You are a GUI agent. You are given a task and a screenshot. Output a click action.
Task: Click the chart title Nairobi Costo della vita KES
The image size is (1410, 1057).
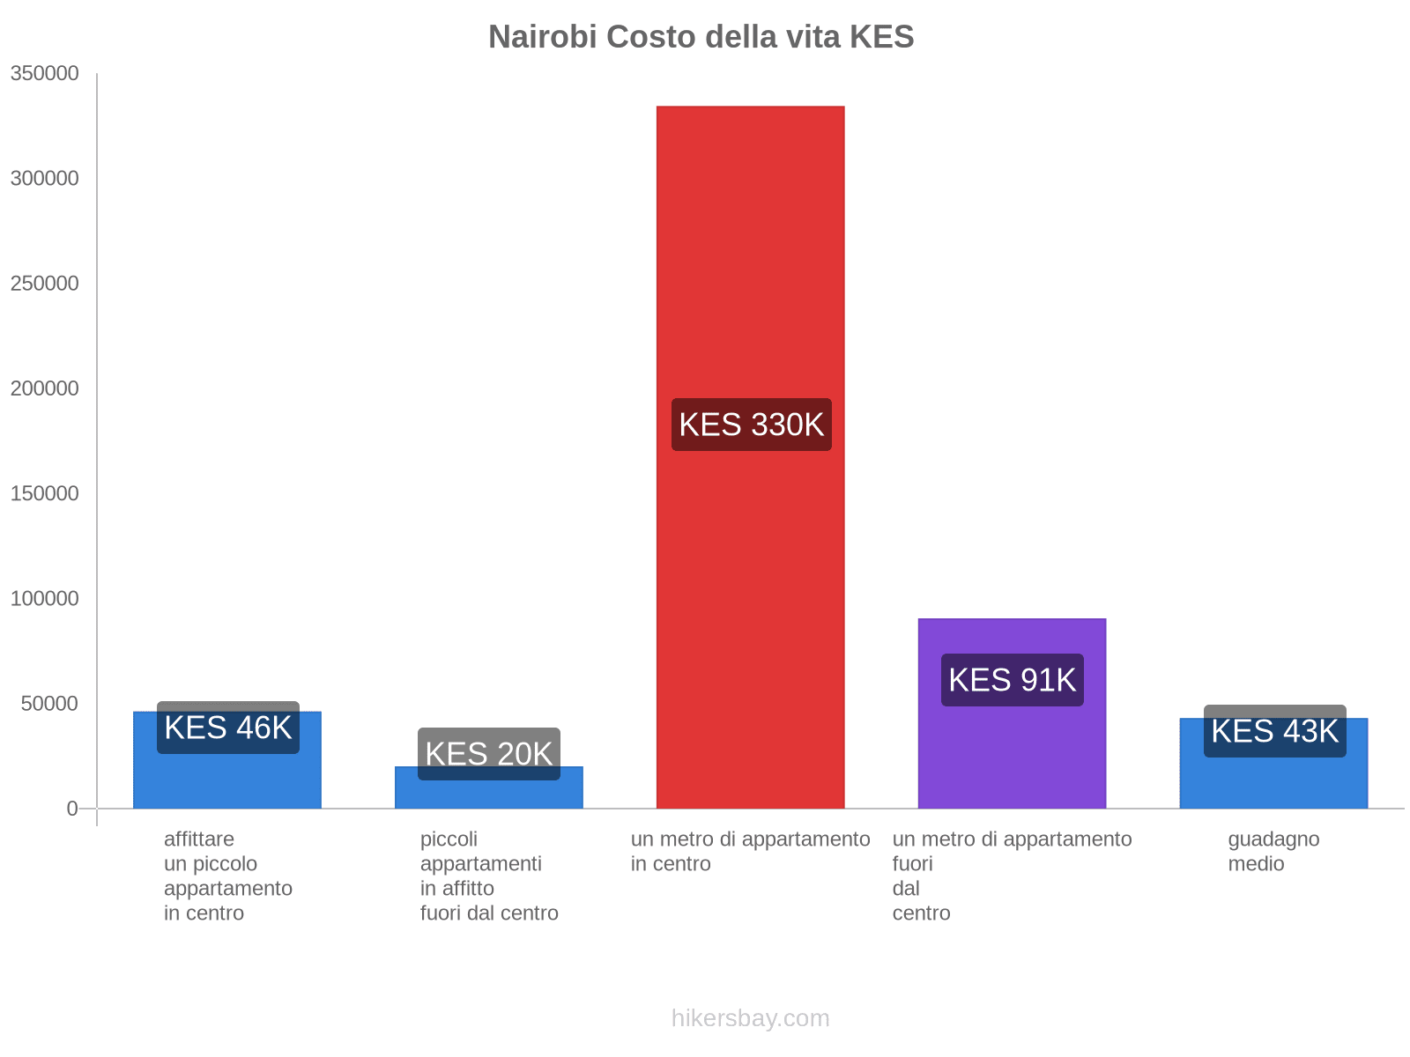tap(701, 37)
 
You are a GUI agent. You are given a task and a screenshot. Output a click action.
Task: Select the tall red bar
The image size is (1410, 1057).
tap(750, 264)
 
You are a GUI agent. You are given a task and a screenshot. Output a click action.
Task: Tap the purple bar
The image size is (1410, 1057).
tap(1012, 749)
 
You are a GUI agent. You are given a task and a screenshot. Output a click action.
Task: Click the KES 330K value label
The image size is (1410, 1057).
tap(751, 425)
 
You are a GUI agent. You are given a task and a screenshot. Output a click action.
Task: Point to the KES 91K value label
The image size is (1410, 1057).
tap(1012, 680)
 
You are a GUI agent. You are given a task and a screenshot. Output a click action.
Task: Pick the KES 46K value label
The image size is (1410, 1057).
tap(227, 728)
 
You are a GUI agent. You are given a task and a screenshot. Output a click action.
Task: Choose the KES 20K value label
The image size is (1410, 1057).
tap(488, 754)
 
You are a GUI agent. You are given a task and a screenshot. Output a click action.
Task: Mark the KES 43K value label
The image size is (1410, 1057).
tap(1274, 731)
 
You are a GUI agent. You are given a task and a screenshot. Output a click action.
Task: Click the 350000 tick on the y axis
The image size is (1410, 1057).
tap(44, 74)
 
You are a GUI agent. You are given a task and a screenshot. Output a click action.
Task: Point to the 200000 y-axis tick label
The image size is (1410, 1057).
tap(44, 388)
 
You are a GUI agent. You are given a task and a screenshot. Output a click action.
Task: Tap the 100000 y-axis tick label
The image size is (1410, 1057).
tap(44, 599)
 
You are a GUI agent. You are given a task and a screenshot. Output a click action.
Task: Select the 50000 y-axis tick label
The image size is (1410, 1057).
tap(48, 704)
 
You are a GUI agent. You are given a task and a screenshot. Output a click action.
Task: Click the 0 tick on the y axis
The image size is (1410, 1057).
tap(72, 809)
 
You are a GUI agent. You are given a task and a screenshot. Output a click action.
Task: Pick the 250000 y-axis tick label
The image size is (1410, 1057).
tap(44, 284)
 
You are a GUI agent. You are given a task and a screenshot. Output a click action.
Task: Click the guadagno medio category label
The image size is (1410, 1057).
tap(1273, 851)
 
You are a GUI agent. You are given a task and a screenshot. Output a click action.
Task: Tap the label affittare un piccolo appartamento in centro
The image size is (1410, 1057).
tap(227, 876)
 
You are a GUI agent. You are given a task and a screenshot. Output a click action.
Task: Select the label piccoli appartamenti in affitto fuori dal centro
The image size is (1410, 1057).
tap(488, 876)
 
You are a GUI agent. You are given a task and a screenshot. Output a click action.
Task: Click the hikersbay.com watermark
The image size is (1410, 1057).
tap(750, 1018)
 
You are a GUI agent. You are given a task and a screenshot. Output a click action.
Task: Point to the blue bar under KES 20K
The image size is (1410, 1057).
tap(488, 792)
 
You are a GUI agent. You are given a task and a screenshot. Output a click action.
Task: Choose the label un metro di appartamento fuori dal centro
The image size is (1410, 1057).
tap(1012, 876)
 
